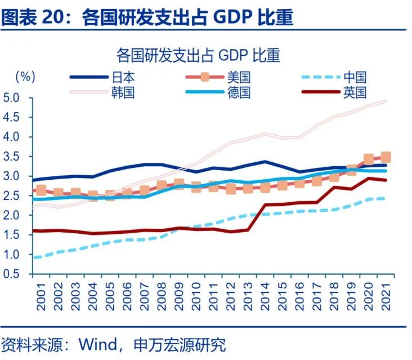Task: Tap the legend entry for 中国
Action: point(355,77)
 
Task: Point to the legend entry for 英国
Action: point(355,92)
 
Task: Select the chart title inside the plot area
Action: point(198,55)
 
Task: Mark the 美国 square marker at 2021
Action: point(386,157)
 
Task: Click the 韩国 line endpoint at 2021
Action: point(386,101)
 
